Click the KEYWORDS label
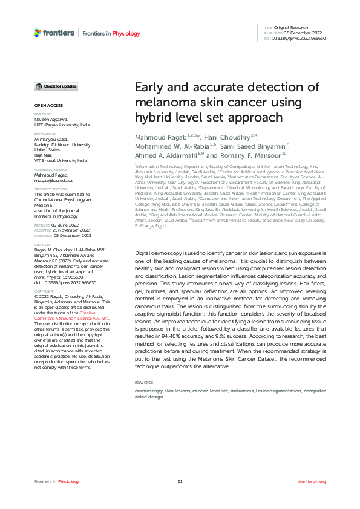click(x=143, y=383)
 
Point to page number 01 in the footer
click(x=180, y=481)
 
